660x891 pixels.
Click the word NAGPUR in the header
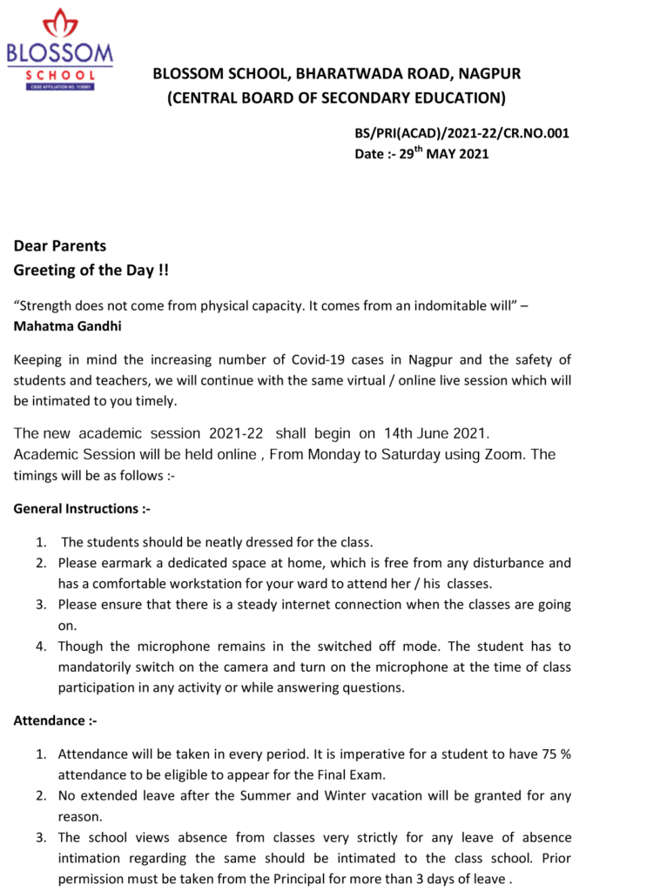click(x=488, y=74)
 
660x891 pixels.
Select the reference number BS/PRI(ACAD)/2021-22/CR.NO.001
click(x=461, y=133)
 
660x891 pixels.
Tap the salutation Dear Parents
click(x=60, y=246)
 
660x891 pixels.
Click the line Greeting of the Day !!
click(x=91, y=270)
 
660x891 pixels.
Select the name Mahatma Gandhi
click(x=68, y=326)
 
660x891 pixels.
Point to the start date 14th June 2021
click(x=438, y=433)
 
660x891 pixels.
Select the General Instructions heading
click(x=82, y=508)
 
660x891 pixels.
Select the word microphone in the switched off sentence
click(x=153, y=646)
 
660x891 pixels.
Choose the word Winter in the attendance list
click(x=351, y=795)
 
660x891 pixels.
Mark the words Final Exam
click(x=350, y=774)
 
